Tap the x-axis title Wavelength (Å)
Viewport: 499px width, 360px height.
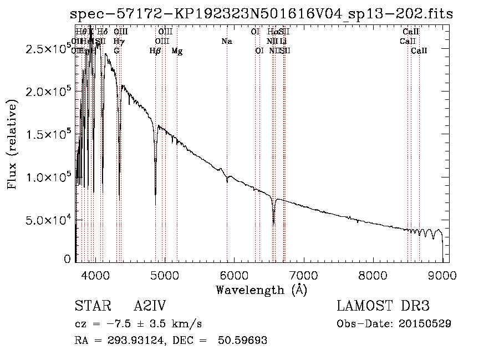(x=261, y=289)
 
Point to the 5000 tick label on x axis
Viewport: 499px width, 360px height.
(x=164, y=273)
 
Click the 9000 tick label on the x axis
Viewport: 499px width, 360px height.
(x=442, y=273)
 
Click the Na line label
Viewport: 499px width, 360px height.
(x=226, y=42)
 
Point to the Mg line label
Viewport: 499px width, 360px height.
(x=177, y=51)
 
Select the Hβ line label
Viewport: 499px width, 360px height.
(x=155, y=51)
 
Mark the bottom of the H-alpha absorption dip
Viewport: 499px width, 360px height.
(x=273, y=222)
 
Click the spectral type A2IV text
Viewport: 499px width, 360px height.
(x=150, y=306)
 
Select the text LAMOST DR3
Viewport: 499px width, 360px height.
(x=383, y=306)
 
